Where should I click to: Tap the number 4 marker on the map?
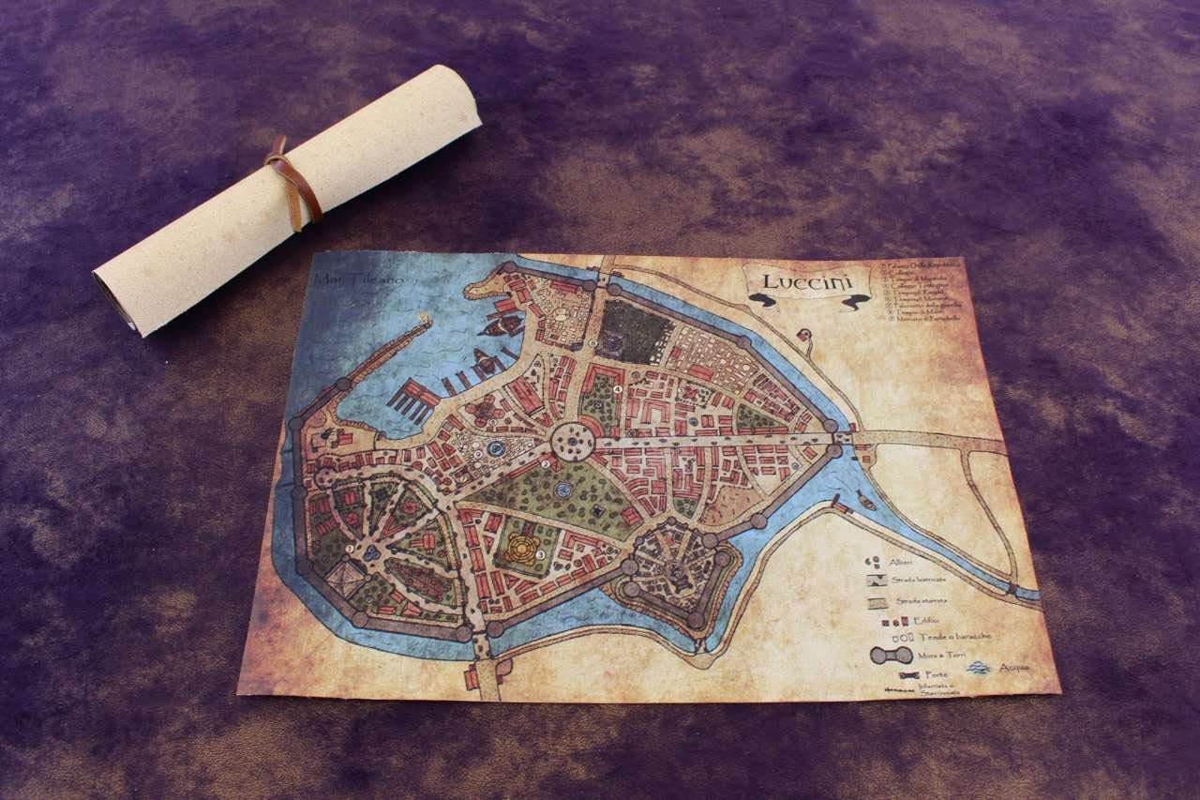(x=618, y=389)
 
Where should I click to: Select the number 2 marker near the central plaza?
(x=546, y=462)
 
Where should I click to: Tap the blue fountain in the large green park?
(x=562, y=491)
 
